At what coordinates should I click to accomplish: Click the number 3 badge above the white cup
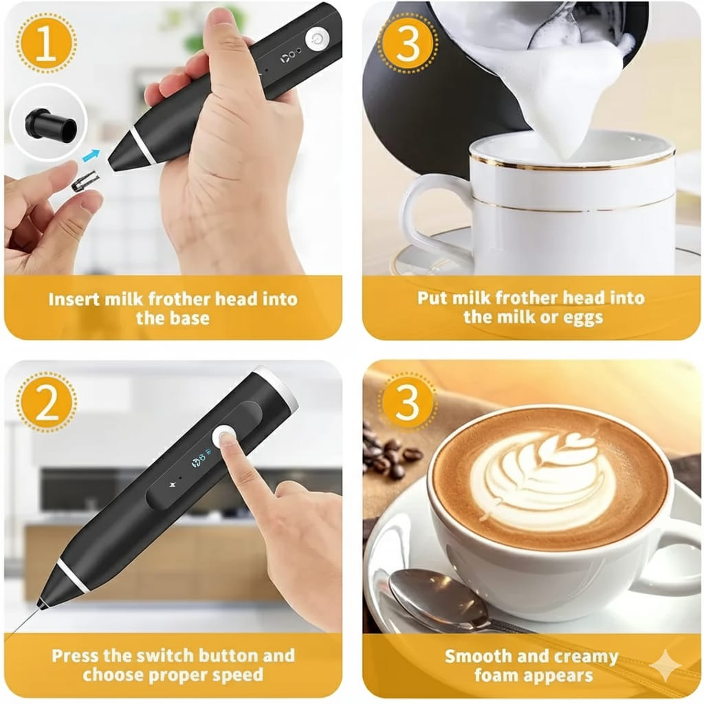pos(407,43)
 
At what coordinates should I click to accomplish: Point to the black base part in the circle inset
pos(51,124)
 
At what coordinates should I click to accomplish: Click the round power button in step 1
pos(317,38)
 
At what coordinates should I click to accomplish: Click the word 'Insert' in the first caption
pos(74,299)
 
